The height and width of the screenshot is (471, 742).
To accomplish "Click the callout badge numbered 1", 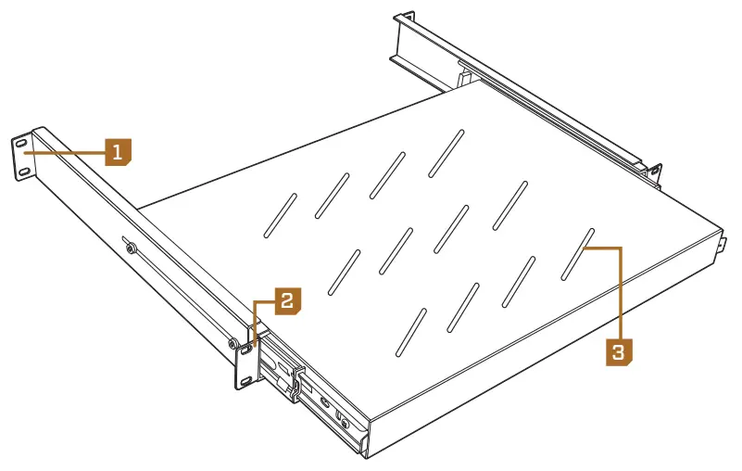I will (118, 151).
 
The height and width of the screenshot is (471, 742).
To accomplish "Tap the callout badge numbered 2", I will (286, 300).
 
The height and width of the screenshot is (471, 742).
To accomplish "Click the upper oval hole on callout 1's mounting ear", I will (20, 144).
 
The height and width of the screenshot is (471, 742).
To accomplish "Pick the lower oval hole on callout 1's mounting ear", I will (23, 172).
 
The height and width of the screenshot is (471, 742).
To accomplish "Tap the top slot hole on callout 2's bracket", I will (246, 349).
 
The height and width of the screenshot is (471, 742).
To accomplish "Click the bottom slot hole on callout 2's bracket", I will (246, 379).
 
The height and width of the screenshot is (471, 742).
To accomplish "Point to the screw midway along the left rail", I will (130, 248).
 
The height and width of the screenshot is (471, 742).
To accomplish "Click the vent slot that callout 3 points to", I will (575, 252).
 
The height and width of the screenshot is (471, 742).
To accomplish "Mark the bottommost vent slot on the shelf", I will (408, 332).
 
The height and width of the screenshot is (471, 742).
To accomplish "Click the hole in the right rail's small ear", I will (655, 172).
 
